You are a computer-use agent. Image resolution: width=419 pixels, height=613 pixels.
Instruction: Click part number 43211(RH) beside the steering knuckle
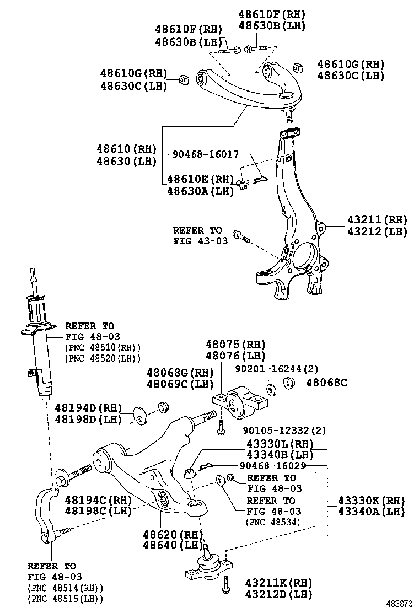[x=377, y=219]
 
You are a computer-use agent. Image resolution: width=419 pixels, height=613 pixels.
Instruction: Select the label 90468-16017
[x=205, y=155]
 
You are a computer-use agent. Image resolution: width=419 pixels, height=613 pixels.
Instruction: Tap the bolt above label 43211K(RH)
[x=225, y=586]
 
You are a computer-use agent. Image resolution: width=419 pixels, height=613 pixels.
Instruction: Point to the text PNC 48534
[x=273, y=521]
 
